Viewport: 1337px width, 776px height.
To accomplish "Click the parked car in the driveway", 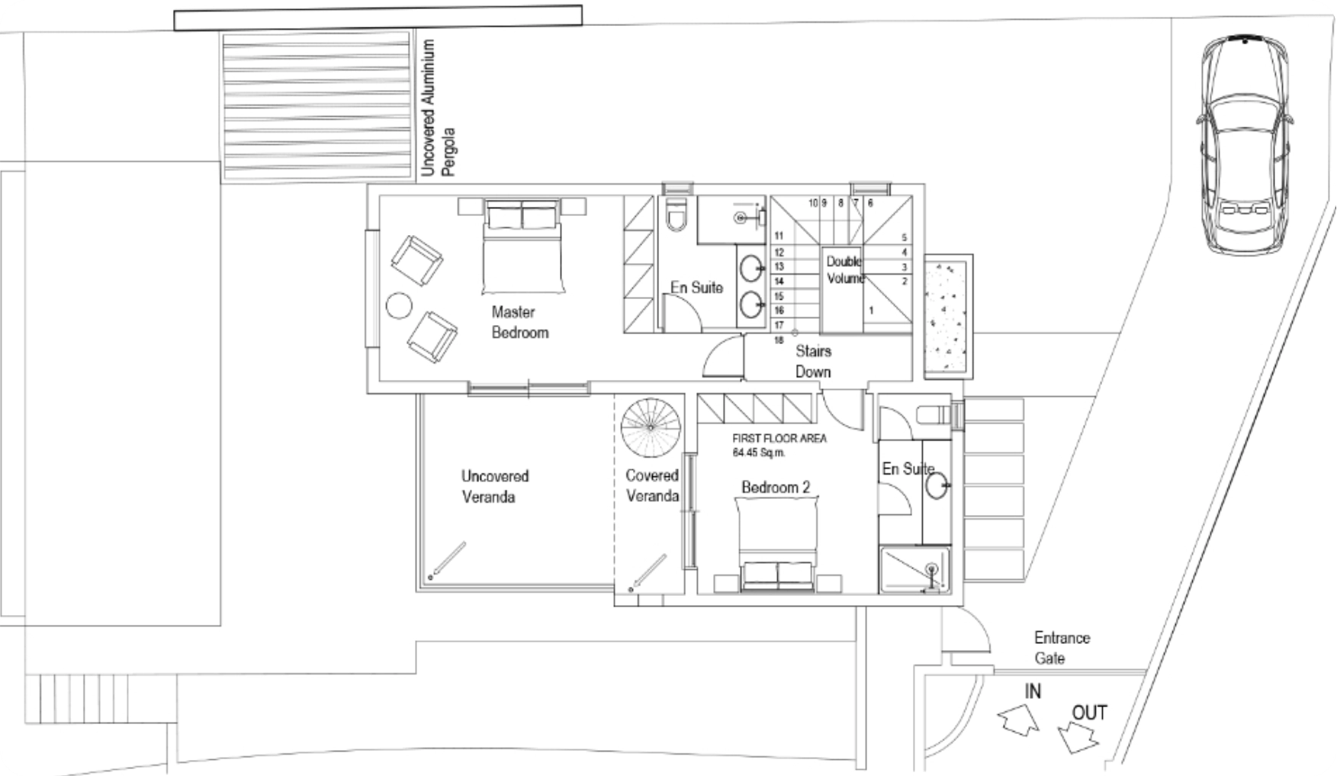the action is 1245,144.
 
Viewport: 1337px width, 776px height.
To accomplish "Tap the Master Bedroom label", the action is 520,322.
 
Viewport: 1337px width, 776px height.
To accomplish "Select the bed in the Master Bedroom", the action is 522,246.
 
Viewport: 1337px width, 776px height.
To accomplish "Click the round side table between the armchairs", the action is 399,306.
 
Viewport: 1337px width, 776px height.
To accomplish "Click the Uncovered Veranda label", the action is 494,486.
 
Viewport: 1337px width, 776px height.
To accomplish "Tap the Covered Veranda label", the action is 652,485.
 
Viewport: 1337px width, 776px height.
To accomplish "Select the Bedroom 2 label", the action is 776,488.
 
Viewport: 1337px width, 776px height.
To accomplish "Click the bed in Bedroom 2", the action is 777,543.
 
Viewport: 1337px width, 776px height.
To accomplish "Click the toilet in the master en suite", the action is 676,214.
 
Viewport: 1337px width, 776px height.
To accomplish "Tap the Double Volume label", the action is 845,270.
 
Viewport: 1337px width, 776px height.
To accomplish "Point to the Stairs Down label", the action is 813,361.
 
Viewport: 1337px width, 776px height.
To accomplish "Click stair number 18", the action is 779,340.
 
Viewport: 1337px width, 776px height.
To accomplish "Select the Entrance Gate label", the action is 1062,648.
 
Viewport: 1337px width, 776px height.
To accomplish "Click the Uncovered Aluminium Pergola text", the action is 438,108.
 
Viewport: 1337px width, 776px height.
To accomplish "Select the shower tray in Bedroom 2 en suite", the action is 915,569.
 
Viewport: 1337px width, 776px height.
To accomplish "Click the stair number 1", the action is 871,311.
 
